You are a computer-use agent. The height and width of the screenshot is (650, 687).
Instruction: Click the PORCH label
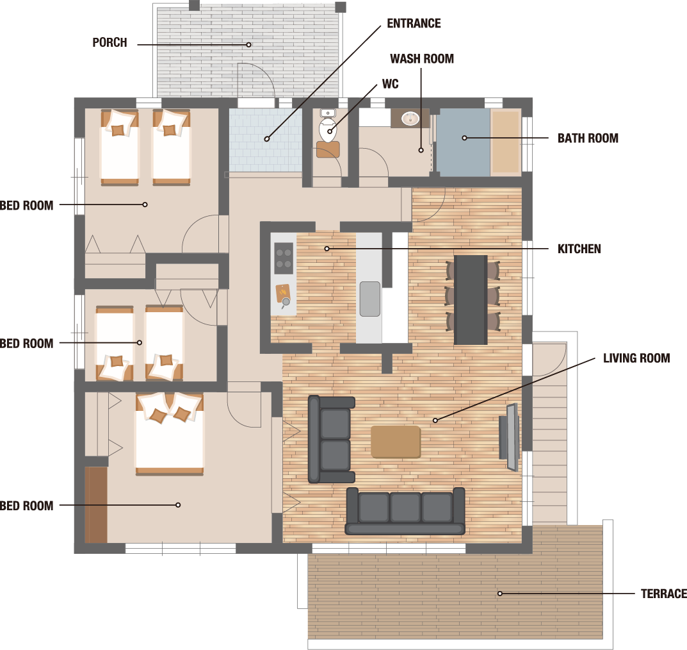(109, 42)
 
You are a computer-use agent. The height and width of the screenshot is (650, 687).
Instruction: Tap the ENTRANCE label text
(414, 23)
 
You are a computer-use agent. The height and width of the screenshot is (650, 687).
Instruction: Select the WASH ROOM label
(421, 59)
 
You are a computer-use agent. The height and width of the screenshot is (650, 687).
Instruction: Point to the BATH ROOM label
(588, 138)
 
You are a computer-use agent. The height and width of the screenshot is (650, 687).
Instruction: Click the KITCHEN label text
(579, 249)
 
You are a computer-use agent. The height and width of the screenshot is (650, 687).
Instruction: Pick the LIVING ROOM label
(636, 358)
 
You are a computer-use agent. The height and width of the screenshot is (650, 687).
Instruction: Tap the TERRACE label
(663, 594)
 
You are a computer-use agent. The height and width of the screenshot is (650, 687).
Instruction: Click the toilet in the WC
(327, 126)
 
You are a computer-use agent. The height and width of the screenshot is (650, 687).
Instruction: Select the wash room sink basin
(410, 118)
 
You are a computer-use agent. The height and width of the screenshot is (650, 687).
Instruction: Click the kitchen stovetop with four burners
(284, 258)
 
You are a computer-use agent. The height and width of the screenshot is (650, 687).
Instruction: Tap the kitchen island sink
(370, 299)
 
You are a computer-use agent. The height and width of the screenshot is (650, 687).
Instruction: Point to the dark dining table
(471, 300)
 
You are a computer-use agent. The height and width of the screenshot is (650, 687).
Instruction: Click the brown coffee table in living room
(396, 442)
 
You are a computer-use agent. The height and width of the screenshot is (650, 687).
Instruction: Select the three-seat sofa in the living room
(405, 511)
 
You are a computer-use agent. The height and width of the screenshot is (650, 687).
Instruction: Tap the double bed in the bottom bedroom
(169, 434)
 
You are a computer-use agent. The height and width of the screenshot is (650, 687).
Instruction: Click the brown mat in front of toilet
(328, 149)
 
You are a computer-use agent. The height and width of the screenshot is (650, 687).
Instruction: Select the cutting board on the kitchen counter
(282, 293)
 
